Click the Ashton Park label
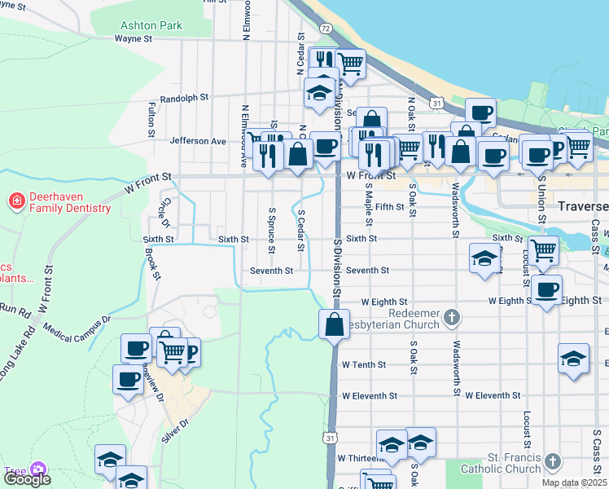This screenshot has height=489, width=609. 151,25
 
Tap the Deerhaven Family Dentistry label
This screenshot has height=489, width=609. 70,202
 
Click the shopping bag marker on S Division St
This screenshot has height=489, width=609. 334,324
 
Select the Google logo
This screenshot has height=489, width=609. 26,479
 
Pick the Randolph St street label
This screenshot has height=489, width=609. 185,98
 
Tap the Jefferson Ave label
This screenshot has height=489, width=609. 198,141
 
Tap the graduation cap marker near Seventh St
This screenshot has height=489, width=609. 484,260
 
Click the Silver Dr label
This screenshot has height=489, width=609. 174,430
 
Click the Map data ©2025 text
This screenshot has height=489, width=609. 573,482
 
